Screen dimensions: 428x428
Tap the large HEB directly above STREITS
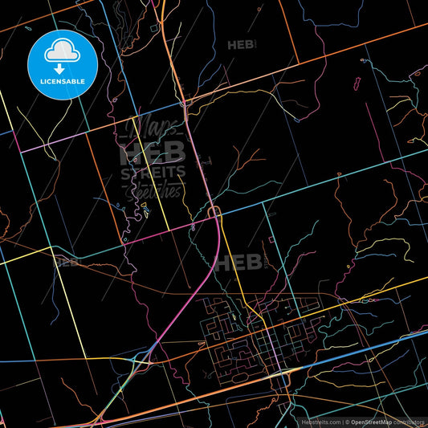(153, 153)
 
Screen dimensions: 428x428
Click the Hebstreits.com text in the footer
(320, 422)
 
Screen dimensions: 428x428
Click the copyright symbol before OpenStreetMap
(347, 422)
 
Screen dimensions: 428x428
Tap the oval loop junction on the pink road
(214, 211)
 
